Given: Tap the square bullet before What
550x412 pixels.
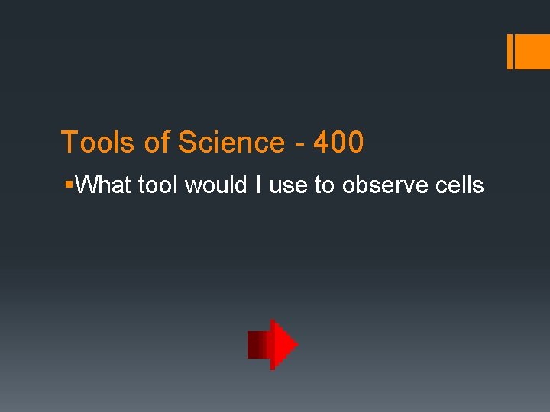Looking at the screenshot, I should (70, 185).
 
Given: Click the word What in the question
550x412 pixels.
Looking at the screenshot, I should (104, 185).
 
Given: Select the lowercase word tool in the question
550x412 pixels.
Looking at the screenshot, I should (156, 185).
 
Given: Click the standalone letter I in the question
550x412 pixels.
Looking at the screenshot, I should (257, 185).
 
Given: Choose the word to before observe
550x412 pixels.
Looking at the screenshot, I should (324, 185).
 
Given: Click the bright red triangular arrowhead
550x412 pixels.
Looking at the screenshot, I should (283, 345).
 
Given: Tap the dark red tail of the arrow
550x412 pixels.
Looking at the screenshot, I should (257, 345).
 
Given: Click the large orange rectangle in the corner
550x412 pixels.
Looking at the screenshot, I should (534, 52).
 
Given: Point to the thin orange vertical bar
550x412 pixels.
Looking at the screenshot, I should (510, 52).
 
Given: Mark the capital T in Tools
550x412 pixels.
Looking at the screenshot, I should (68, 143).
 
